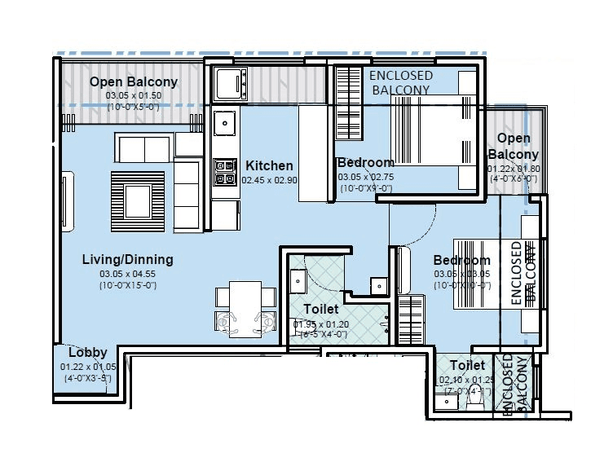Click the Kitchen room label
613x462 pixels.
point(269,165)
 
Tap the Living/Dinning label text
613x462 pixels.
point(127,260)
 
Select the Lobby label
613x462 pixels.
point(87,353)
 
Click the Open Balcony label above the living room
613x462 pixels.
point(134,81)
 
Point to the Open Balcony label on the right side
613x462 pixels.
point(514,147)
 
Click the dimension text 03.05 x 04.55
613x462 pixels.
point(127,274)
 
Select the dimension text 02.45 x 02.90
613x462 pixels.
point(269,180)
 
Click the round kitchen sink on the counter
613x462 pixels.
point(225,125)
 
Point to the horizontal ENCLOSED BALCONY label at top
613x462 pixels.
point(400,82)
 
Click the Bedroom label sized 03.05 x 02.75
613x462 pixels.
point(365,162)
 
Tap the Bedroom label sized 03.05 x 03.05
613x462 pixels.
point(461,260)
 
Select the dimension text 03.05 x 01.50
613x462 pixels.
point(134,95)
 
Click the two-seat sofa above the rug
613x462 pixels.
point(144,149)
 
